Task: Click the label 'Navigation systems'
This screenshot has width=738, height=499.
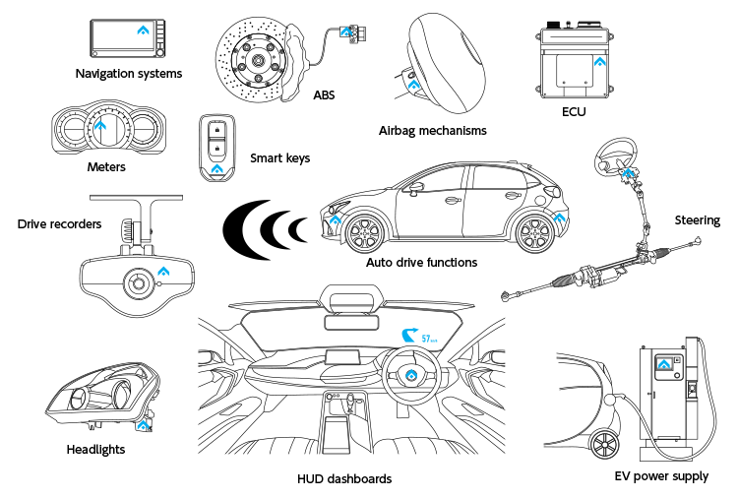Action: point(128,73)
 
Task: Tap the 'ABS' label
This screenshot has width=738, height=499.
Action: point(324,96)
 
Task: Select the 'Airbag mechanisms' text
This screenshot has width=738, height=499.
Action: point(432,130)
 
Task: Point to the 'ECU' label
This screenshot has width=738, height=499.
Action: point(574,112)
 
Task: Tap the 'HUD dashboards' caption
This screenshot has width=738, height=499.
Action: point(343,478)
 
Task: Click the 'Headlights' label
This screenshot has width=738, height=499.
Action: point(95,449)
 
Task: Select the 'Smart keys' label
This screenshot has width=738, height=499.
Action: point(279,157)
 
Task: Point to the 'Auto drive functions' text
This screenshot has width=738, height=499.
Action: point(421,263)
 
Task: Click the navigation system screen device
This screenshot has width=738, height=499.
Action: point(128,38)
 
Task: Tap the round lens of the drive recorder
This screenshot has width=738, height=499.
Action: point(137,285)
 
